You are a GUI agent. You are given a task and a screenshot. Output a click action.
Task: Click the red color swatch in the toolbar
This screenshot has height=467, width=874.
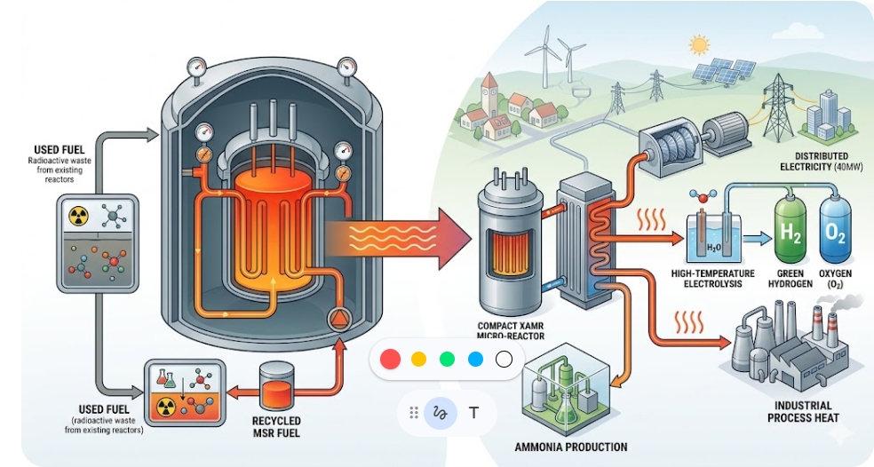pyautogui.click(x=390, y=360)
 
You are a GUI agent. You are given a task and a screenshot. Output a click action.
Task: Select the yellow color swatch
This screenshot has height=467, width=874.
pyautogui.click(x=418, y=360)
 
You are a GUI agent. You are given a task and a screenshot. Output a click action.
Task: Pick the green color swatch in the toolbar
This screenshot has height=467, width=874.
pyautogui.click(x=447, y=360)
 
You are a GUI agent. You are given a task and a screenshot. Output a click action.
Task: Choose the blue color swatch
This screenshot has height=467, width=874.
pyautogui.click(x=475, y=360)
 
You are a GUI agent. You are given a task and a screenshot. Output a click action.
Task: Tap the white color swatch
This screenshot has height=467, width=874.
pyautogui.click(x=504, y=360)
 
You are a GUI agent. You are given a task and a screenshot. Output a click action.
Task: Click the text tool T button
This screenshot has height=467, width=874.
pyautogui.click(x=473, y=413)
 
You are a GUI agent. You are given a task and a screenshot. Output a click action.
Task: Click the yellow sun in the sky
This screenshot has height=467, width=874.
pyautogui.click(x=699, y=44)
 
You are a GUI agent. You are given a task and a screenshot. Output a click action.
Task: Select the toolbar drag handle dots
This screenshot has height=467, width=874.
pyautogui.click(x=413, y=413)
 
